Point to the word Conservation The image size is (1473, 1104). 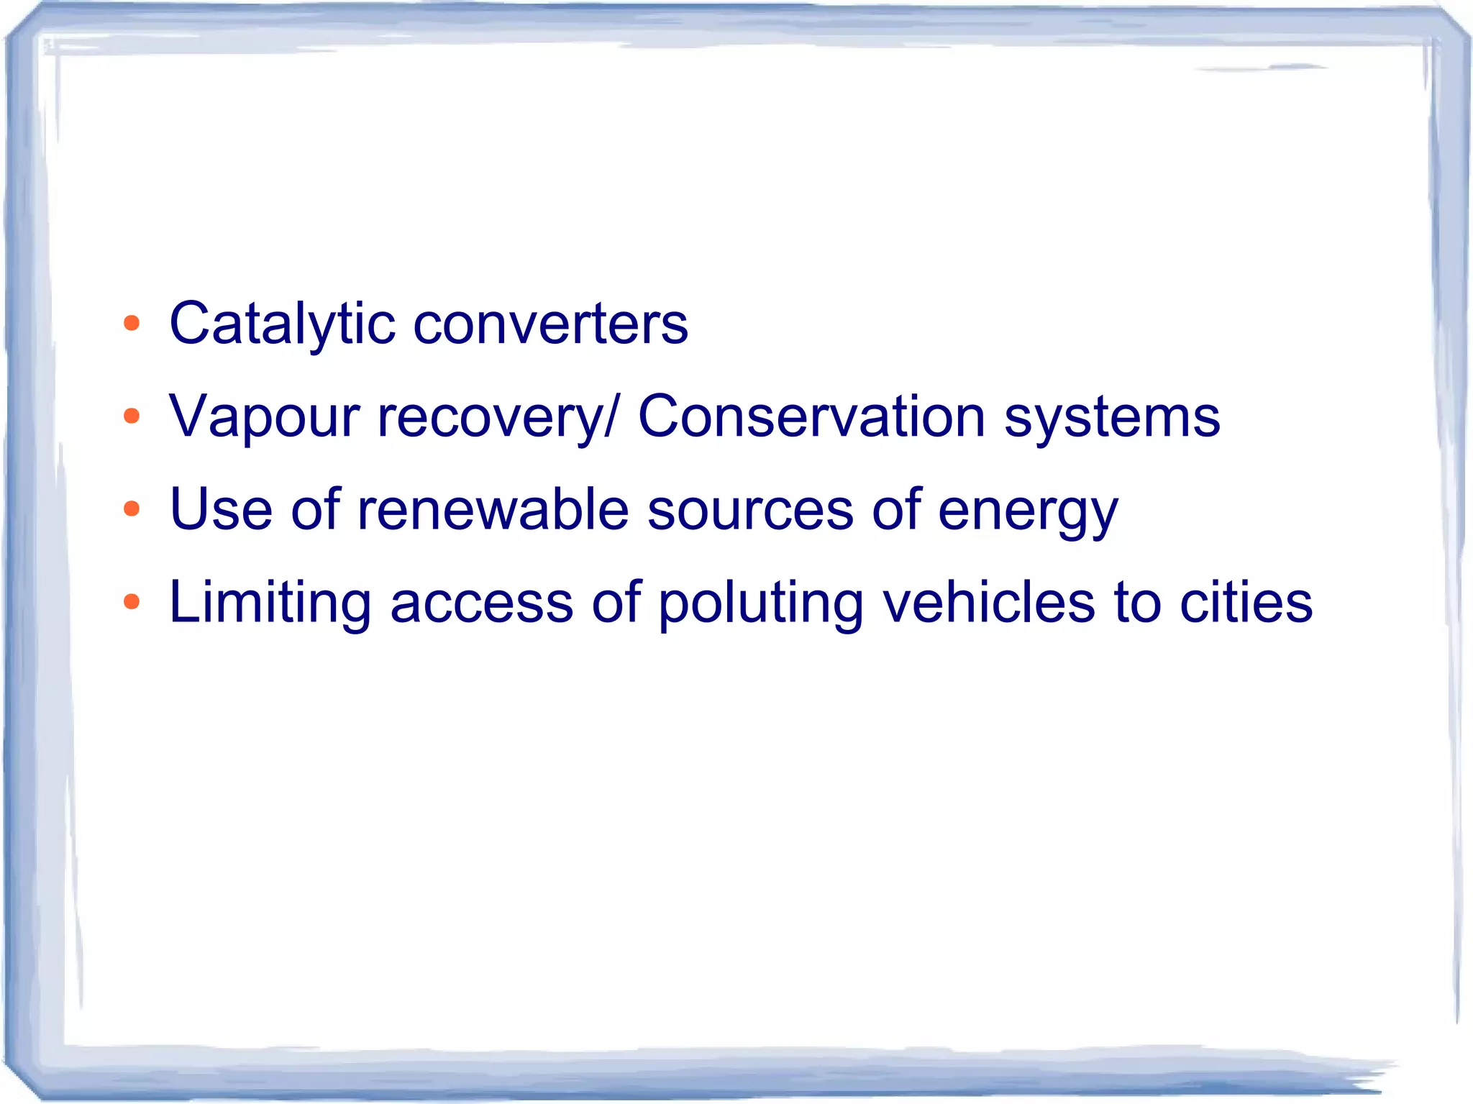click(811, 417)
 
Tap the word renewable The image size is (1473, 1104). click(493, 510)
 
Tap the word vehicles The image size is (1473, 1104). click(989, 602)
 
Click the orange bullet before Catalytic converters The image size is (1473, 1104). click(132, 323)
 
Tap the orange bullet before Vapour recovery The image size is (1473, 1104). click(132, 416)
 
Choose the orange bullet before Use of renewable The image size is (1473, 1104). click(132, 509)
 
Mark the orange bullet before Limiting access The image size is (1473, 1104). click(132, 602)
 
